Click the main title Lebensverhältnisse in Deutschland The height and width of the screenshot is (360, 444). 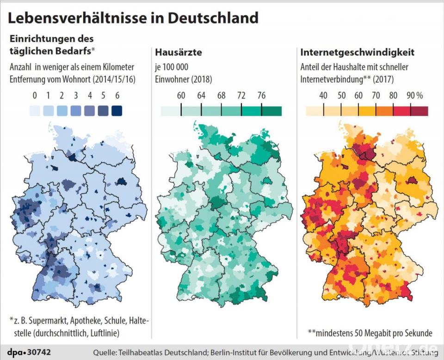click(133, 18)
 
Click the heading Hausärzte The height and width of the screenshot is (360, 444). click(179, 52)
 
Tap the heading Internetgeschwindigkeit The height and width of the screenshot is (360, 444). click(357, 52)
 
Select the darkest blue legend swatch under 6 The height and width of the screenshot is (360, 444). click(117, 110)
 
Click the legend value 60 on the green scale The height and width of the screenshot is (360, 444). click(181, 96)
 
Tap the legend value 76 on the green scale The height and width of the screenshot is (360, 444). click(261, 96)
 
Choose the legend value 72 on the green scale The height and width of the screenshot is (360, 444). click(241, 96)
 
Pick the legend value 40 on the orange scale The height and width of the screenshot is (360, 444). click(323, 96)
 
